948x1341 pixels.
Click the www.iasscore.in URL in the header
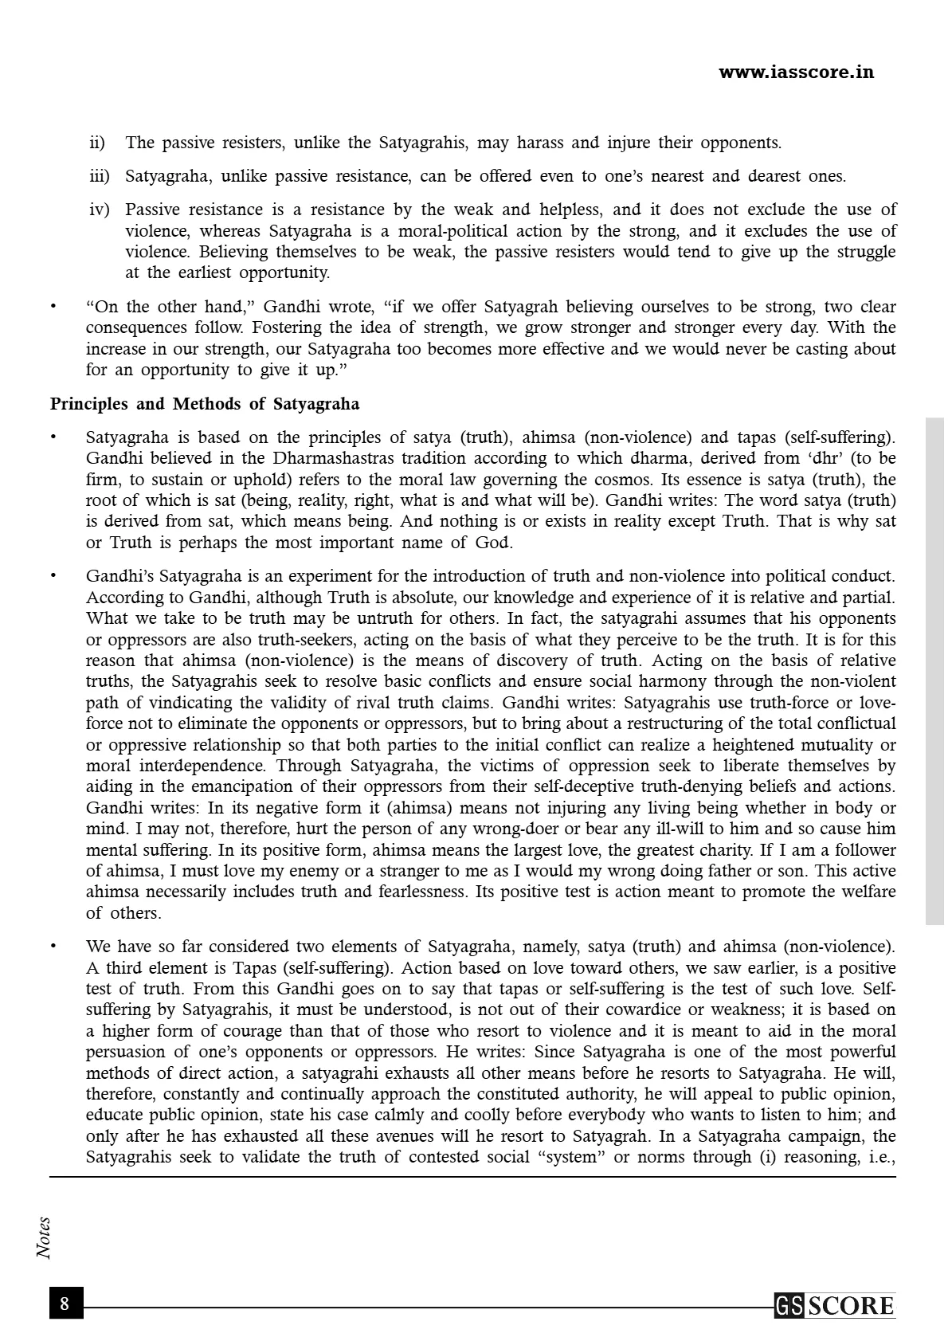[796, 73]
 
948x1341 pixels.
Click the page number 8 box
[65, 1304]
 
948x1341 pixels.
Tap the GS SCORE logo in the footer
[834, 1306]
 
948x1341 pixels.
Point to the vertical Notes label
[44, 1237]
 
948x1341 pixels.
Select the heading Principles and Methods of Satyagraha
[205, 404]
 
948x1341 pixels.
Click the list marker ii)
[97, 143]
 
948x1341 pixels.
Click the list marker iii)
[100, 177]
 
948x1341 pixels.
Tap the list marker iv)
[100, 210]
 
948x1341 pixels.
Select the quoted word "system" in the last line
[570, 1157]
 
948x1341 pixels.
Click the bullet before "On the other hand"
[54, 307]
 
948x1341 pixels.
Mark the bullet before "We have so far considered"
[54, 947]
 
